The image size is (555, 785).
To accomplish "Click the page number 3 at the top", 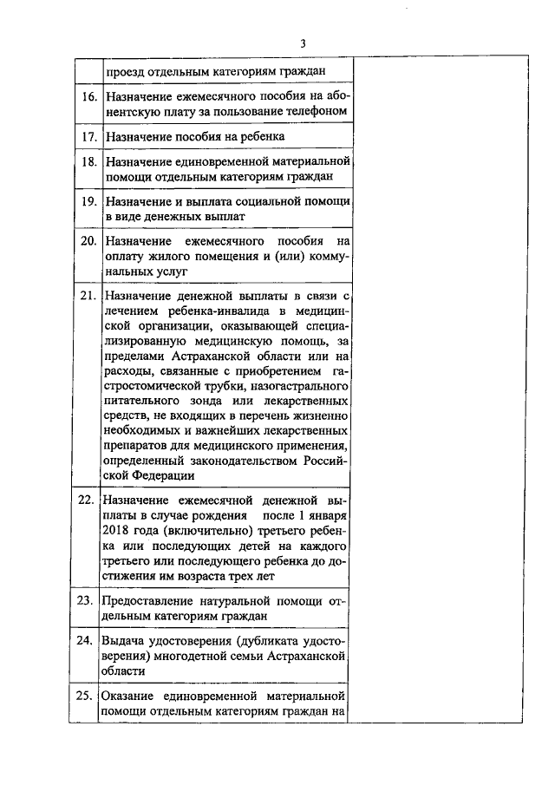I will pos(303,44).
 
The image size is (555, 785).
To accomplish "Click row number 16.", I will pos(88,95).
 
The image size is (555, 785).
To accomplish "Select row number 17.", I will pos(88,136).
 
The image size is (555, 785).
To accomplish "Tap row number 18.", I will pos(88,161).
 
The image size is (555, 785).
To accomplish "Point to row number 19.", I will pos(88,200).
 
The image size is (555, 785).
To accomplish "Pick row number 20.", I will pos(88,240).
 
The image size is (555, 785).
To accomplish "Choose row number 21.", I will pos(88,296).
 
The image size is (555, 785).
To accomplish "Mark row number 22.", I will pos(87,500).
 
